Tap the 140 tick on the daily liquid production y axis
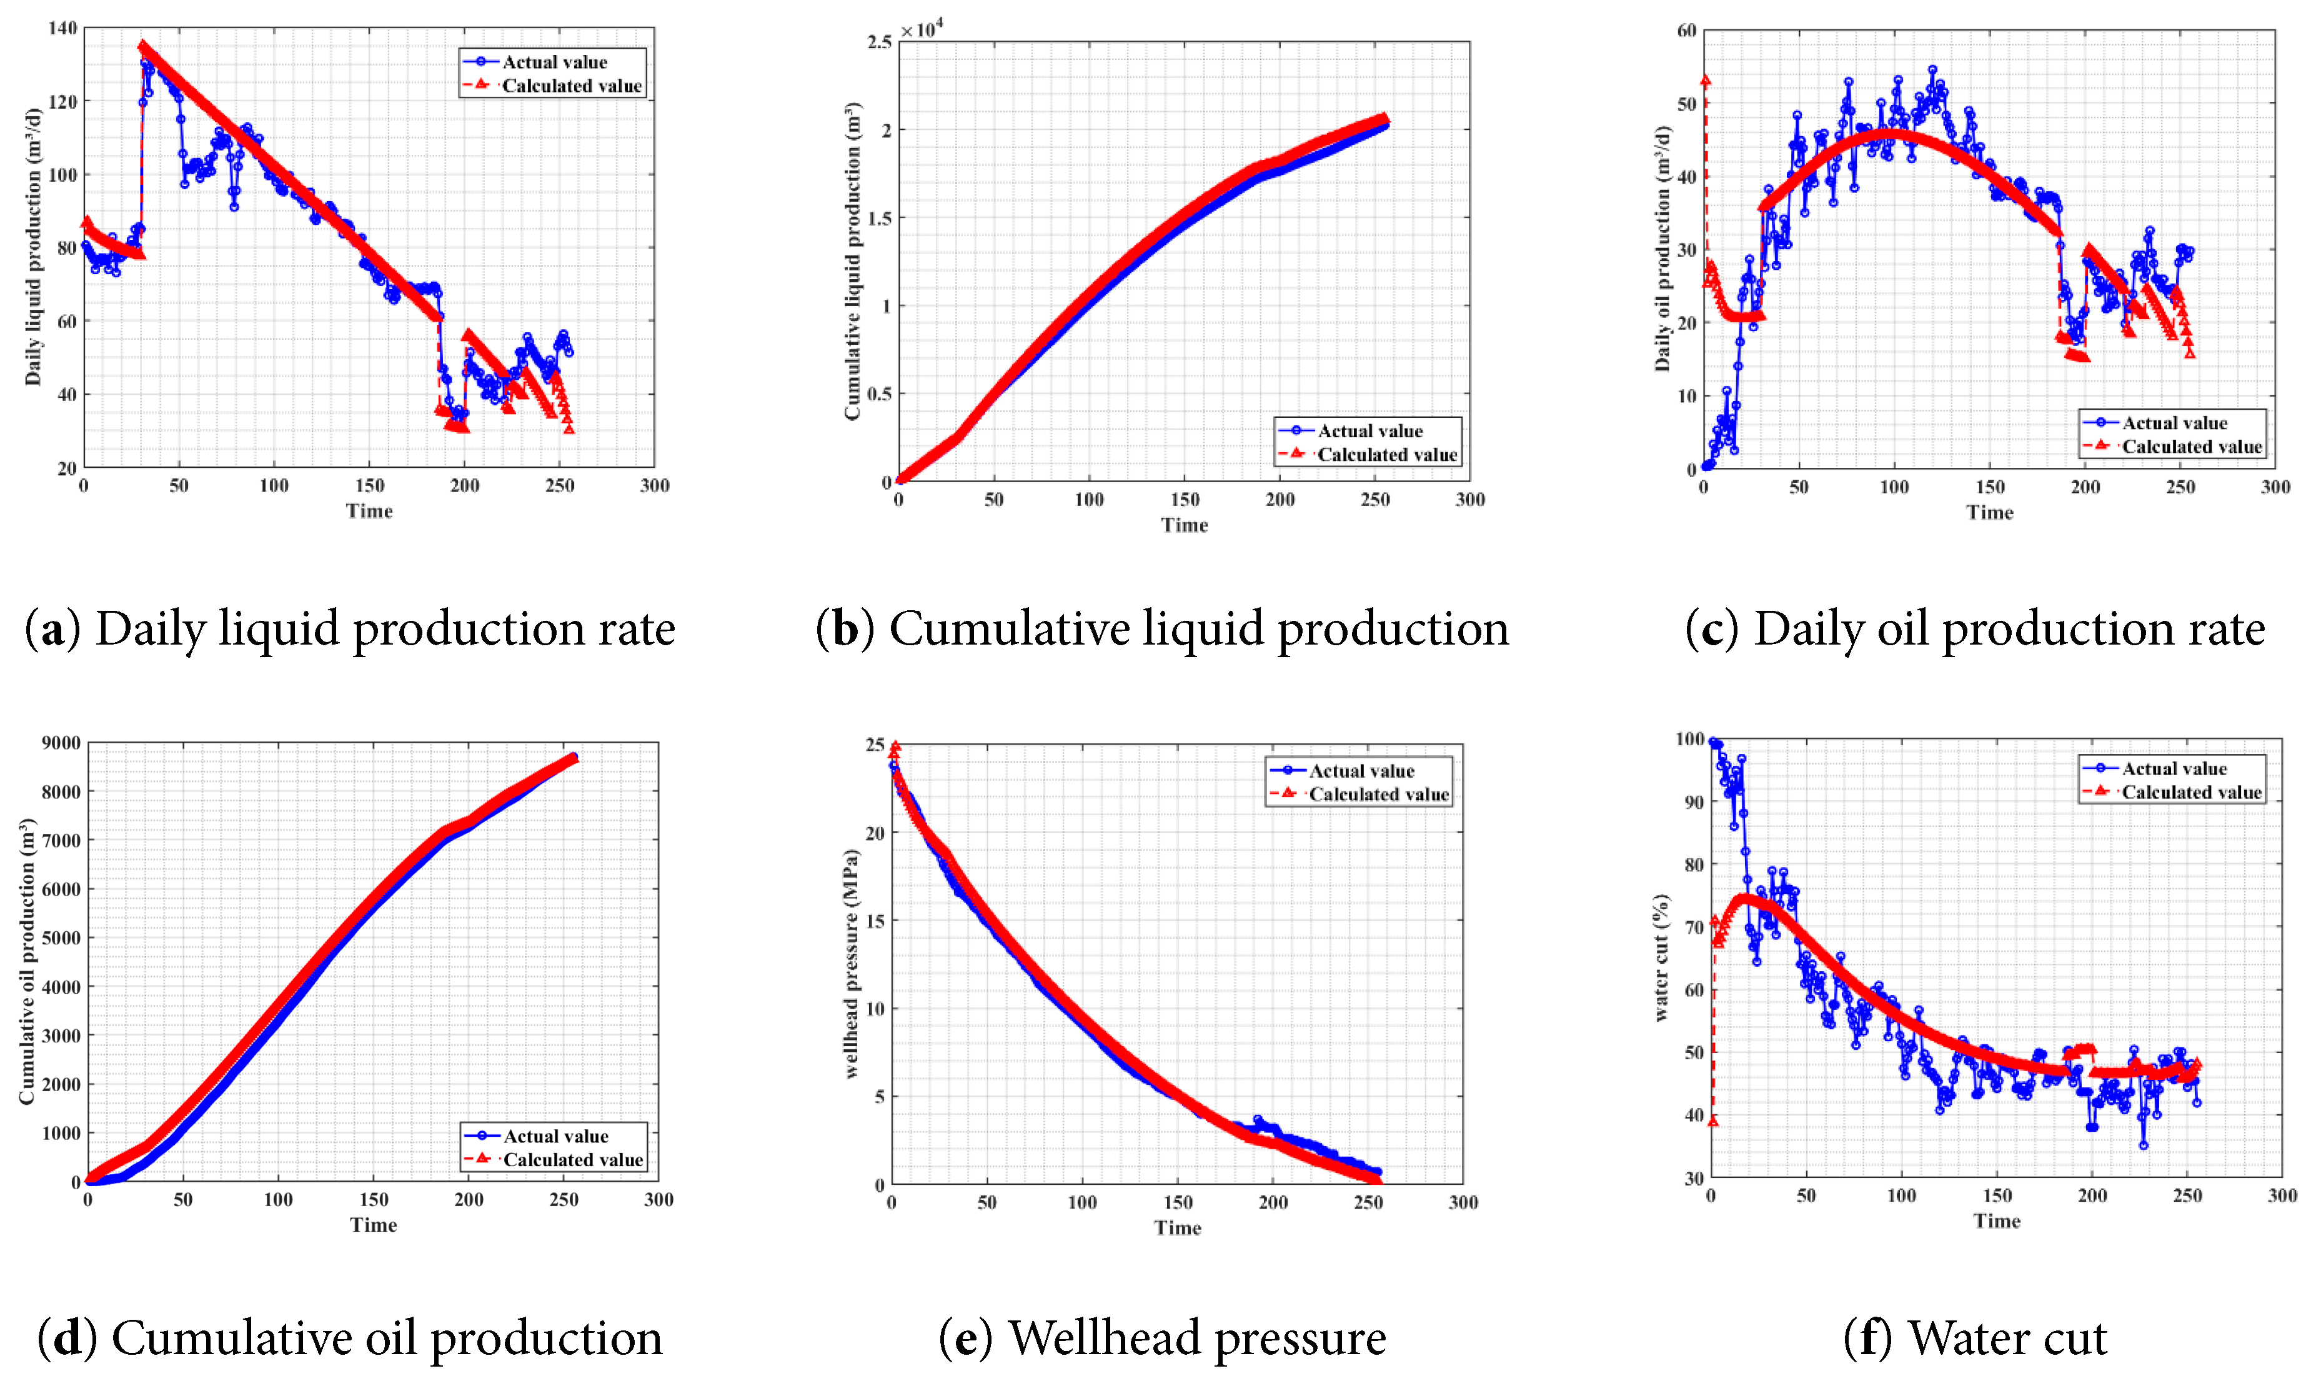[62, 29]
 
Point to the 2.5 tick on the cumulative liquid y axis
[879, 42]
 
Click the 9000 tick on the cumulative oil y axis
[61, 743]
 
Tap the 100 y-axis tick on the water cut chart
[1689, 740]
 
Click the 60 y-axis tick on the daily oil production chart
[1686, 31]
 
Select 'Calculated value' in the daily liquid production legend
[572, 86]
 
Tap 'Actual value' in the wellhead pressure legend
[1361, 771]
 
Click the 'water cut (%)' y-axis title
[1661, 958]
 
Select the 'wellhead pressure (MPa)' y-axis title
[851, 964]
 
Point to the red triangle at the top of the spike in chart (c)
[1706, 81]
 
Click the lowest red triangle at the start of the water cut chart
[1712, 1121]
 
